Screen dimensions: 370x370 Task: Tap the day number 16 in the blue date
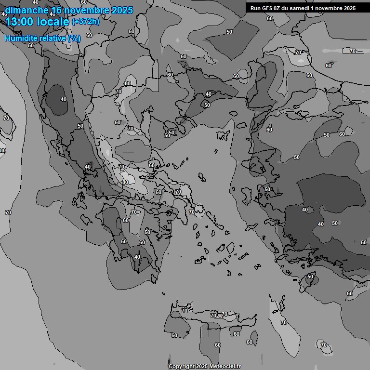(56, 10)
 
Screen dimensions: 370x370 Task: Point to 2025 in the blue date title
(122, 10)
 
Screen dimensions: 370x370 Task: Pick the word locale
(53, 22)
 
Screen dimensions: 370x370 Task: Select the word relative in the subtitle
(54, 38)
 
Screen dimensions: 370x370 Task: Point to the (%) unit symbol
(75, 38)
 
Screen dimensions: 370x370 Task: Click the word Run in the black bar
(255, 8)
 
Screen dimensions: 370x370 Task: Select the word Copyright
(182, 366)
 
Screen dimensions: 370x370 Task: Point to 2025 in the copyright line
(202, 366)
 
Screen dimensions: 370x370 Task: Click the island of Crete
(212, 324)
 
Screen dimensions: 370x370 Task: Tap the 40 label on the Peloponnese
(137, 257)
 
